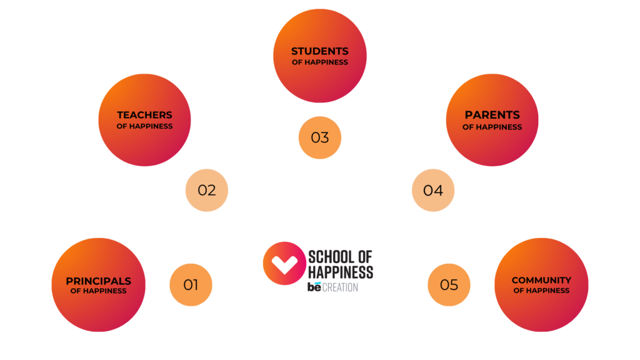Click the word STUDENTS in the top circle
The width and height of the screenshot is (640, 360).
click(319, 51)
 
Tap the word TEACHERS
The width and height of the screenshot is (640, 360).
click(144, 115)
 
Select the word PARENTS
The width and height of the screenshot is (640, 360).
click(492, 115)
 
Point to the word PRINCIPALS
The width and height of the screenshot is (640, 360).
click(98, 281)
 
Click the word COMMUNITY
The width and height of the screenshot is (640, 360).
click(541, 280)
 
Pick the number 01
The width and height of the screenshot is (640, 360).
click(191, 285)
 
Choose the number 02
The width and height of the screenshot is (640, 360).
click(207, 190)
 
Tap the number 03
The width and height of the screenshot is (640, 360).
click(319, 137)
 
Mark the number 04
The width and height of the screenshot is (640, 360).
click(432, 190)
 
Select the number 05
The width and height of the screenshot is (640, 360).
click(449, 285)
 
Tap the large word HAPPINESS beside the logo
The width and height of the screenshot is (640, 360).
click(341, 272)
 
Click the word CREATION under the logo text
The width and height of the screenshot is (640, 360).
click(341, 287)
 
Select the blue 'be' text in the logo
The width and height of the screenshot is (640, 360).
click(314, 287)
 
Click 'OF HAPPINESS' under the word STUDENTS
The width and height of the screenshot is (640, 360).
click(319, 62)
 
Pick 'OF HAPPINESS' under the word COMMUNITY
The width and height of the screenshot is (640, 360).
click(541, 291)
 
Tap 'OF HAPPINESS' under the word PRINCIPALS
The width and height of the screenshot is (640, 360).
click(98, 291)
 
